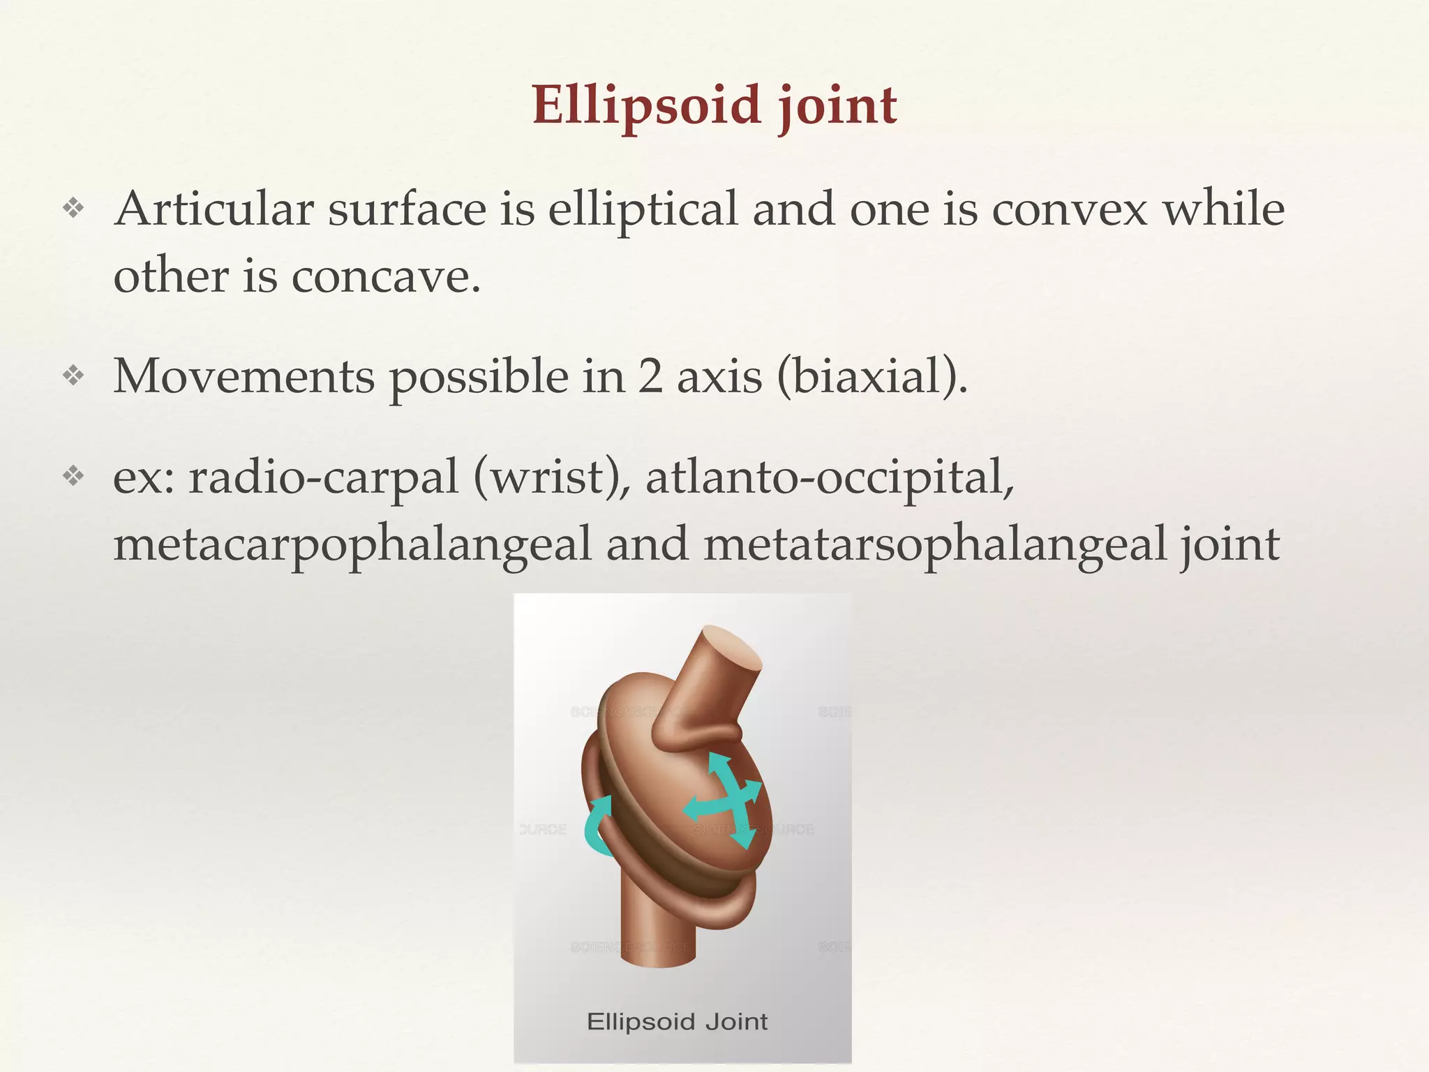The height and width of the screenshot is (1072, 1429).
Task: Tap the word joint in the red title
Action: tap(837, 106)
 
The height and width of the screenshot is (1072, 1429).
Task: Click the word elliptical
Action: tap(642, 210)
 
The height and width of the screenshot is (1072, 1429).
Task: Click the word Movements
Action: tap(244, 377)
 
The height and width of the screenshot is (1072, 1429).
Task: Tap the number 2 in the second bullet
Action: tap(650, 377)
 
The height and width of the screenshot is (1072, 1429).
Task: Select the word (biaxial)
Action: tap(871, 378)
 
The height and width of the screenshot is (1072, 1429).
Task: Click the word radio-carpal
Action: tap(324, 478)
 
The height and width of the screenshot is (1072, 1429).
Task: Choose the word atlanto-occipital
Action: tap(830, 478)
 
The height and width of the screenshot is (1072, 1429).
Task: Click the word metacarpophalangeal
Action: tap(352, 545)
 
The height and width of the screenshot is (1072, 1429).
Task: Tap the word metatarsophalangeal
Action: tap(935, 545)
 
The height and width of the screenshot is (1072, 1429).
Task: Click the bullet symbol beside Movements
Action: tap(73, 376)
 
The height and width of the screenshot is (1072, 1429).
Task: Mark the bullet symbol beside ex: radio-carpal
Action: tap(73, 477)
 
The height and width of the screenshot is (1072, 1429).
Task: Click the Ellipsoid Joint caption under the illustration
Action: tap(677, 1022)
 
